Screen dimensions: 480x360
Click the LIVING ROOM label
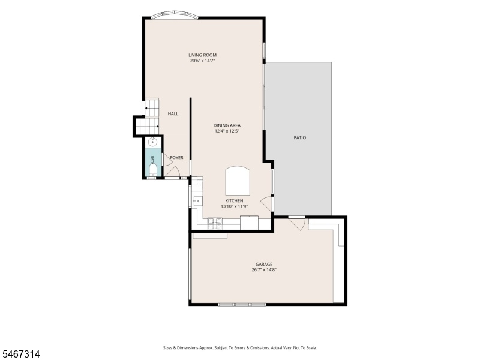tap(202, 55)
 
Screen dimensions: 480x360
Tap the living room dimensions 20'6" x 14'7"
tap(203, 61)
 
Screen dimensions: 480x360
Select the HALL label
tap(173, 113)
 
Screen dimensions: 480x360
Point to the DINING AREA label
tap(227, 125)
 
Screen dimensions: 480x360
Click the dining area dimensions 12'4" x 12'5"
tap(227, 131)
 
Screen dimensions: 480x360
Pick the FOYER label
tap(176, 158)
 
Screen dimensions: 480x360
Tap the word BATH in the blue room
tap(152, 159)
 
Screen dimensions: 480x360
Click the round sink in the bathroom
tap(152, 142)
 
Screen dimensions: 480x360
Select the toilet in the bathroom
tap(152, 170)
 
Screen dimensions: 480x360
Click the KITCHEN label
tap(234, 201)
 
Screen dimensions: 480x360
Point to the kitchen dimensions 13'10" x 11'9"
tap(234, 206)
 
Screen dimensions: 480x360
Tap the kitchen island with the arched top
tap(238, 181)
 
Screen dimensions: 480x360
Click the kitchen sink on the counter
tap(197, 202)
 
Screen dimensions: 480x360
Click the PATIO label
tap(300, 138)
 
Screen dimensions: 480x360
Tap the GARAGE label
tap(264, 265)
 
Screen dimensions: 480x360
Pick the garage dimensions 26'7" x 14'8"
tap(264, 270)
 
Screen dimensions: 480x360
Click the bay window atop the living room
tap(175, 15)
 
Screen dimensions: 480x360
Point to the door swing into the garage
tap(296, 223)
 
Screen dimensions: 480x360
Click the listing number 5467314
tap(20, 355)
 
